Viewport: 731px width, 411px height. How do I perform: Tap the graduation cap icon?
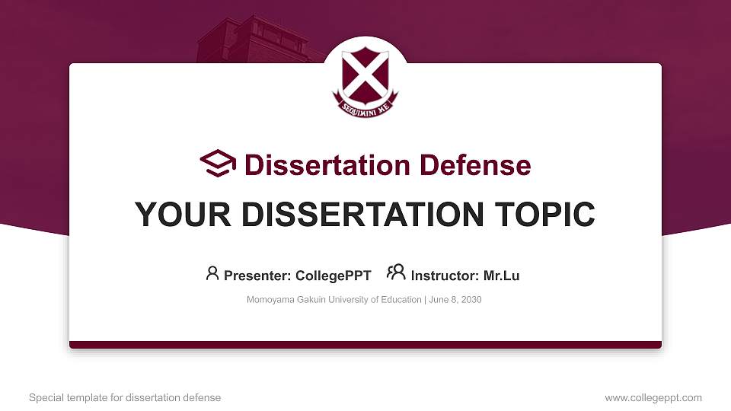pyautogui.click(x=218, y=164)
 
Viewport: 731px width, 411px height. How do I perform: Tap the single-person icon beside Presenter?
pyautogui.click(x=212, y=273)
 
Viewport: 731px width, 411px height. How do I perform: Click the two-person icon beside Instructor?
pyautogui.click(x=396, y=273)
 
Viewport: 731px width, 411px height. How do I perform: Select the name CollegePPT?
pyautogui.click(x=333, y=276)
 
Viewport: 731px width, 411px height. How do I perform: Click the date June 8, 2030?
pyautogui.click(x=455, y=300)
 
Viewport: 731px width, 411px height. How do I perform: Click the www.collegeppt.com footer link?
pyautogui.click(x=653, y=397)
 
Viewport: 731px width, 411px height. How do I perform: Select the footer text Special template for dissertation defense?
pyautogui.click(x=125, y=397)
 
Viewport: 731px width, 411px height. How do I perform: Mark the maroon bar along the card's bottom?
pyautogui.click(x=365, y=345)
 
